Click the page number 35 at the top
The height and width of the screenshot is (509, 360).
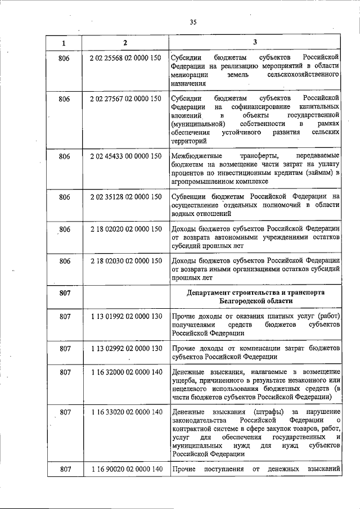193,22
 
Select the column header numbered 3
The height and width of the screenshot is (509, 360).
255,43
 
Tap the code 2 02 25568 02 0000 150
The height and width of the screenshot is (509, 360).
125,58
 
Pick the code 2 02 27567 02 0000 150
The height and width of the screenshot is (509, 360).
125,98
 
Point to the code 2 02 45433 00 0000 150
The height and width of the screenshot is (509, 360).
125,156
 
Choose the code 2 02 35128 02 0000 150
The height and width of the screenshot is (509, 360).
125,196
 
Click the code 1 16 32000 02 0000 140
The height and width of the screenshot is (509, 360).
125,372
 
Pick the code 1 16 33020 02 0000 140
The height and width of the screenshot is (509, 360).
125,412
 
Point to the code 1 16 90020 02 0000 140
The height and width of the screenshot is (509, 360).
125,469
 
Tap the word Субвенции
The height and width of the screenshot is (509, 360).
189,196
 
